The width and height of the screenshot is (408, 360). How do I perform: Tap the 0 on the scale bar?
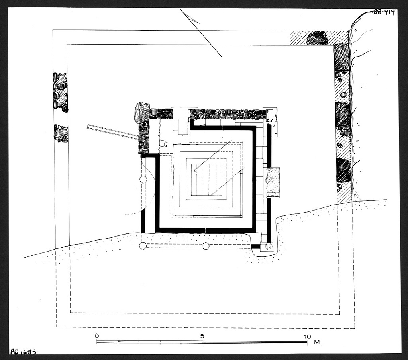tap(97, 336)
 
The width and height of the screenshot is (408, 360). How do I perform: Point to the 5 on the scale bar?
tap(202, 336)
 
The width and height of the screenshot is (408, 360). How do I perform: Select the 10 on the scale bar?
tap(307, 336)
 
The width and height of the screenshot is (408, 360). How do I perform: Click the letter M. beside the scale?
tap(317, 342)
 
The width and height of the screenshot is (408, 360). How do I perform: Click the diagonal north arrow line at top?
tap(201, 33)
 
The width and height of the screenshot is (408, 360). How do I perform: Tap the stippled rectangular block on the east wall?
tap(273, 182)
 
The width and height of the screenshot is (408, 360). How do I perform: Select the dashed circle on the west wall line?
tap(143, 179)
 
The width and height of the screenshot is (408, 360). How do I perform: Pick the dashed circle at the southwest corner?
tap(143, 245)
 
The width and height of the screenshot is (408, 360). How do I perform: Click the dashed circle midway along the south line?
tap(206, 246)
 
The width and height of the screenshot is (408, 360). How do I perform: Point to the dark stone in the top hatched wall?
tap(317, 38)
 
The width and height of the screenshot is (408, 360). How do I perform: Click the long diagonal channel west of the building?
tap(113, 132)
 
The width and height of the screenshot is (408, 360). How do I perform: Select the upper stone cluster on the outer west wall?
tap(60, 92)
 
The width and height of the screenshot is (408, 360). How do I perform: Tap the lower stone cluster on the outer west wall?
tap(61, 133)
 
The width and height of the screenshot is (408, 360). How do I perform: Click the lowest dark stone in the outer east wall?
tap(343, 170)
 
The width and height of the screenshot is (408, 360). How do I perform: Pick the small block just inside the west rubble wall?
tap(163, 144)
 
